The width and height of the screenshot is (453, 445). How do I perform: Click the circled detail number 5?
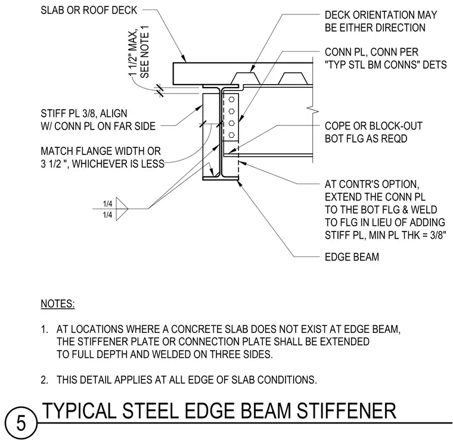(21, 424)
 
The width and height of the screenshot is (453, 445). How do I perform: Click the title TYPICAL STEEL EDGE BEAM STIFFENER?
(219, 410)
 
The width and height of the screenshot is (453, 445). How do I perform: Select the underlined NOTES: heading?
(58, 304)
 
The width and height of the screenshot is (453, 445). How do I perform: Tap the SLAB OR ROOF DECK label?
(89, 10)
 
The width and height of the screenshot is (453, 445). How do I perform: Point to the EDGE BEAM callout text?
(352, 257)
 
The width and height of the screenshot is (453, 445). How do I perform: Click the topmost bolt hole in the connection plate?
(231, 100)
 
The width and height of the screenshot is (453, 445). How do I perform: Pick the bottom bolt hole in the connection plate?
(231, 135)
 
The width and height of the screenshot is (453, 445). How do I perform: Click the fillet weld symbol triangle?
(122, 209)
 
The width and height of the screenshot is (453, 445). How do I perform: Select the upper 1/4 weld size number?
(107, 204)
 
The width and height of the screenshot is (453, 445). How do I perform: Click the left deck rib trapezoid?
(245, 78)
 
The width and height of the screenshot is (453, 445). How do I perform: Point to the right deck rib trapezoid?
(292, 78)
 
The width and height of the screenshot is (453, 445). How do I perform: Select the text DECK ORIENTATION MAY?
(381, 15)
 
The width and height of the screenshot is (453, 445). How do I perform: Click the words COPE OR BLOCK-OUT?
(374, 126)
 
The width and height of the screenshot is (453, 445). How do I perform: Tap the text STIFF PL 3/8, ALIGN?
(84, 113)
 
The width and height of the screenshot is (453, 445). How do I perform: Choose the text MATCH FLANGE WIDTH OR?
(101, 152)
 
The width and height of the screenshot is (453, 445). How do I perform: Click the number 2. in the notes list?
(45, 379)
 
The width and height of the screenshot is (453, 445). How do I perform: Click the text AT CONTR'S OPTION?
(372, 184)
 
